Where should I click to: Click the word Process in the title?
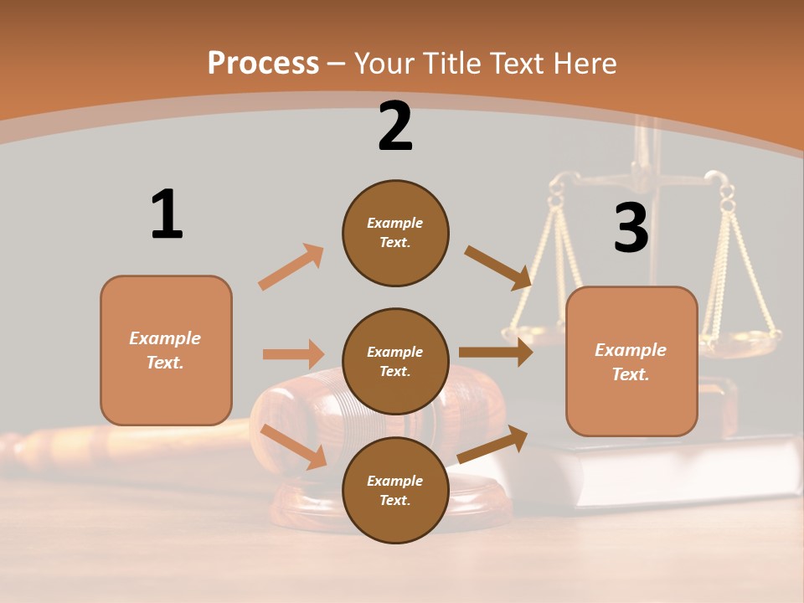tap(263, 63)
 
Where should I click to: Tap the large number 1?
tap(167, 214)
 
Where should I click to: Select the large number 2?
tap(395, 126)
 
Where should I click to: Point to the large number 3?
tap(631, 228)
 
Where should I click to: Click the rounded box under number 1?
tap(166, 350)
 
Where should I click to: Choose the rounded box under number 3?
tap(631, 362)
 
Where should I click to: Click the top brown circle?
tap(395, 233)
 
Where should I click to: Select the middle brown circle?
tap(395, 362)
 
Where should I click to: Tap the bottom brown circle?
tap(395, 491)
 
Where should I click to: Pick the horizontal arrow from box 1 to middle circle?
tap(293, 354)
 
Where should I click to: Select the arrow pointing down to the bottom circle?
tap(294, 446)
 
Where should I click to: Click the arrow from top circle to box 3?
tap(498, 267)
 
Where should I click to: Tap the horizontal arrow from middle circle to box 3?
tap(496, 352)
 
